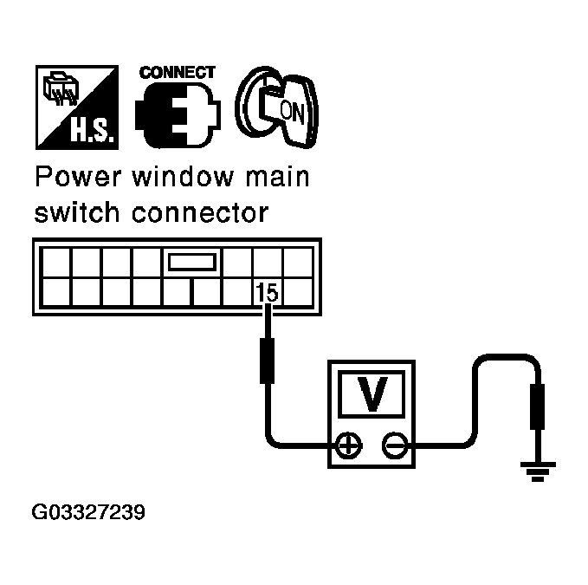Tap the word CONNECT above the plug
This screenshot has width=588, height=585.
tap(178, 72)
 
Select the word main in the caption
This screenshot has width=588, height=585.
tap(277, 179)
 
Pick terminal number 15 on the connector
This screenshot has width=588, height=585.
tap(268, 293)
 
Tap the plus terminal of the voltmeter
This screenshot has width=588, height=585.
tap(348, 446)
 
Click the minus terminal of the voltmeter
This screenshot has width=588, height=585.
tap(395, 446)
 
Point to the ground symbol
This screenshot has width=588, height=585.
tap(537, 471)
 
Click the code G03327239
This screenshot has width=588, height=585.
tap(88, 512)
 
